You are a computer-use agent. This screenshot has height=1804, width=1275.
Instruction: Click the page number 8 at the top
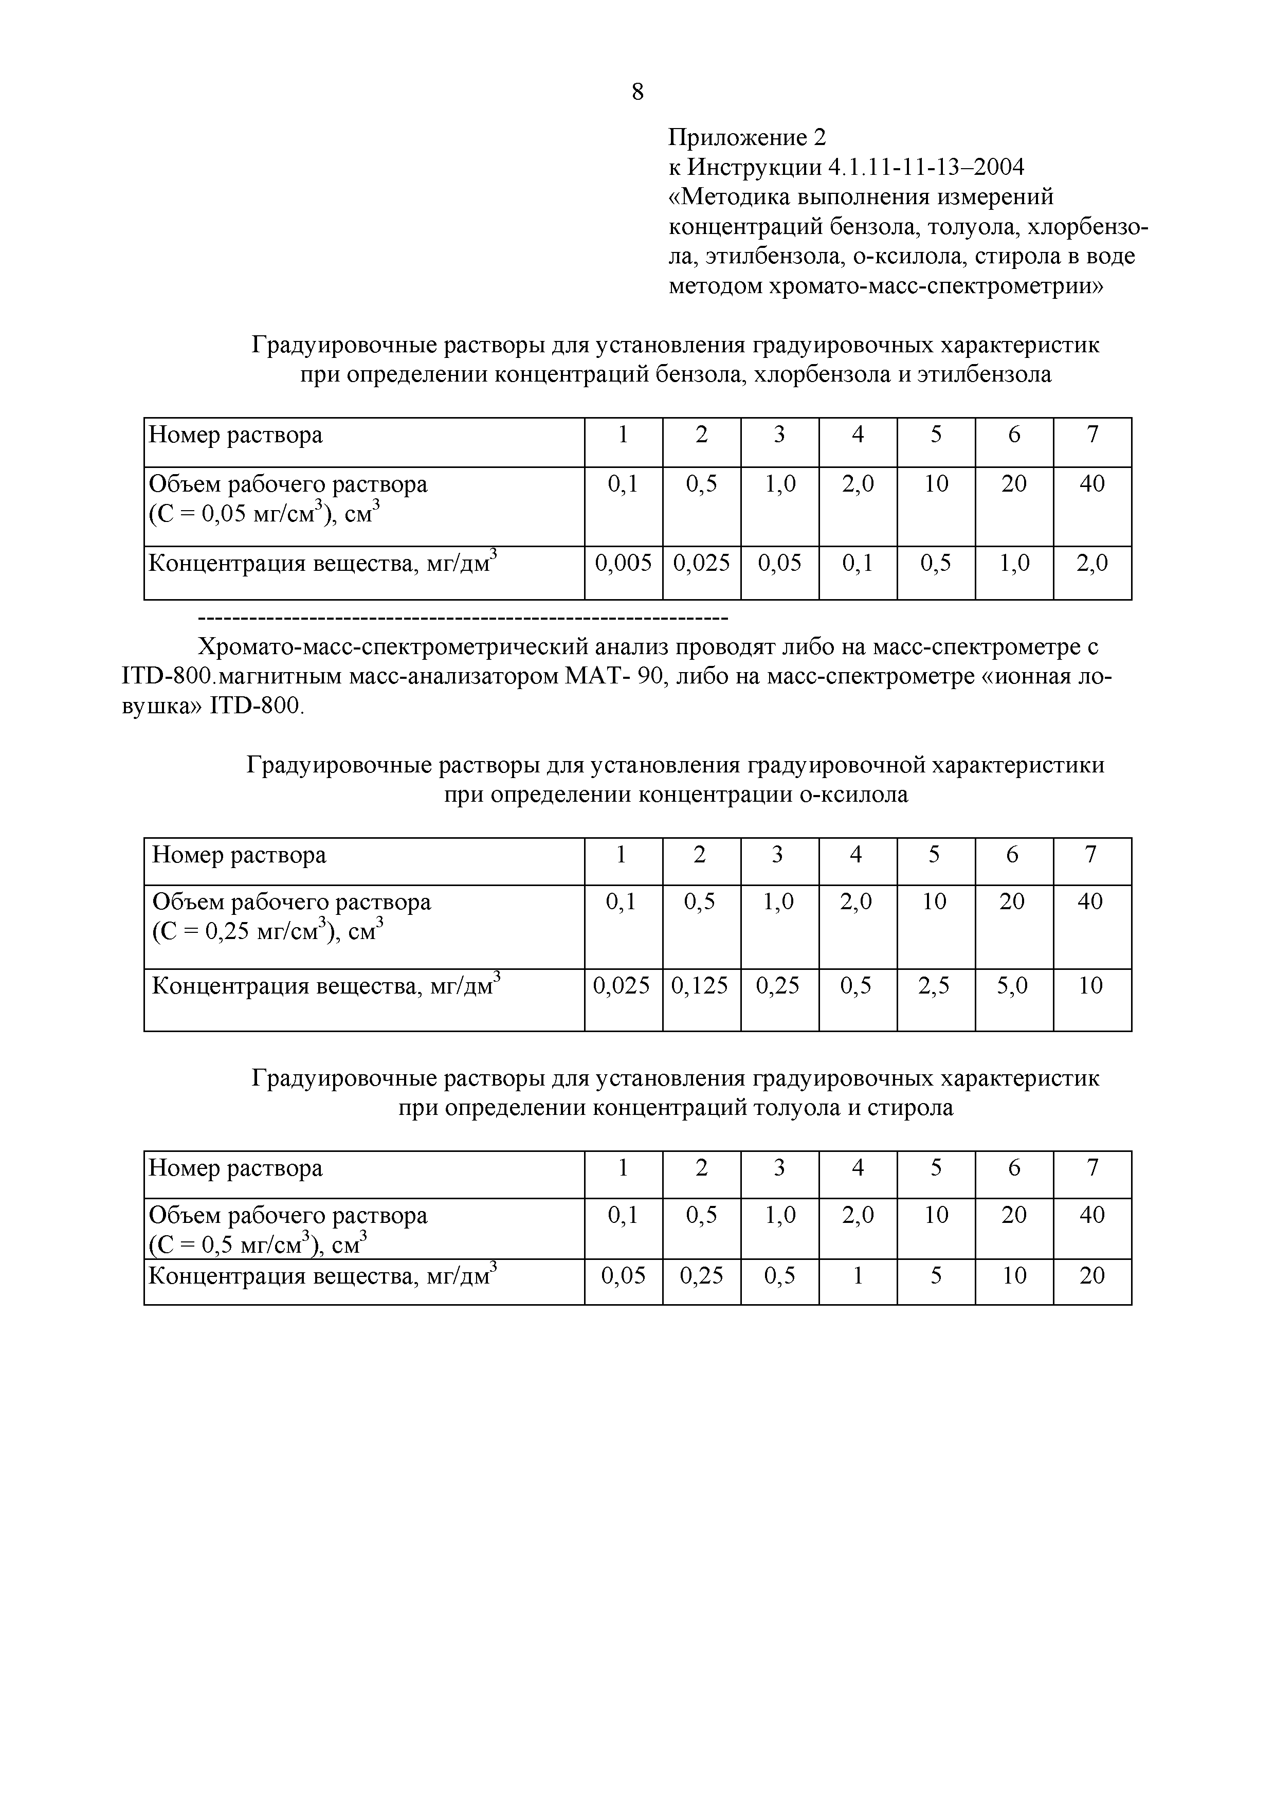[637, 93]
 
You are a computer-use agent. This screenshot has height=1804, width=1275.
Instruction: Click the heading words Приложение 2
[747, 138]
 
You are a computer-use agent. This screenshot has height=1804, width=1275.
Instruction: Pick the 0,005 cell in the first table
[623, 563]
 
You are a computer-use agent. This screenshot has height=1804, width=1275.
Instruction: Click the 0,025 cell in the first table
[702, 563]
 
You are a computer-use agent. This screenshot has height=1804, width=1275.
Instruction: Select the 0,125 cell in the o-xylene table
[699, 985]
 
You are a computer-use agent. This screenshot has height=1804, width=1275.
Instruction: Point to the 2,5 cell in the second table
[934, 985]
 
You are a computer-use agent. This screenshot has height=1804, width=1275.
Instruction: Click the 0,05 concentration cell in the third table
[623, 1276]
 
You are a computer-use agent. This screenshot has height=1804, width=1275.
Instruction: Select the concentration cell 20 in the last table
[1092, 1276]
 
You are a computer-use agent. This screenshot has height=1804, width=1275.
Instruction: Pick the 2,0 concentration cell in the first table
[1092, 563]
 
